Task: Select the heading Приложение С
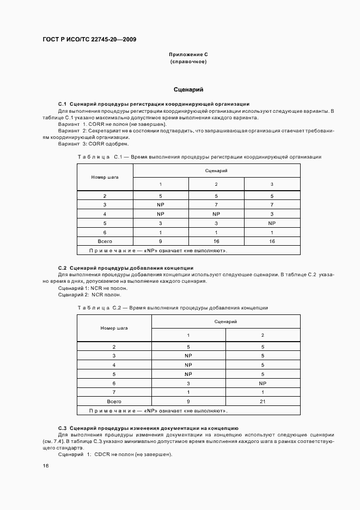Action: [188, 55]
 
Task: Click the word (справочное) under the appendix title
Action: [188, 62]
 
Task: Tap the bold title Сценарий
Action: [188, 89]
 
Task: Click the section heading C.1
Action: [154, 104]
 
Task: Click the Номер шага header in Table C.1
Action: [105, 177]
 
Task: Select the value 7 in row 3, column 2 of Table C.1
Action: [216, 204]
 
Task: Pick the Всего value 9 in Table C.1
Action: [160, 240]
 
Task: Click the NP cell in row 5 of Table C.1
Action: [272, 223]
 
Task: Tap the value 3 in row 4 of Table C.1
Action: [272, 214]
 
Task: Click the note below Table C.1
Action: [158, 251]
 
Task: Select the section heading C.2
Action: [125, 268]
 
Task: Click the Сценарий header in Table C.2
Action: [225, 321]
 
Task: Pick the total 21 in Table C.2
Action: [263, 400]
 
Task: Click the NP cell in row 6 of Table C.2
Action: [263, 382]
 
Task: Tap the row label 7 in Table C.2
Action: [114, 392]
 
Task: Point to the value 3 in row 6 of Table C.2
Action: [188, 382]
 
